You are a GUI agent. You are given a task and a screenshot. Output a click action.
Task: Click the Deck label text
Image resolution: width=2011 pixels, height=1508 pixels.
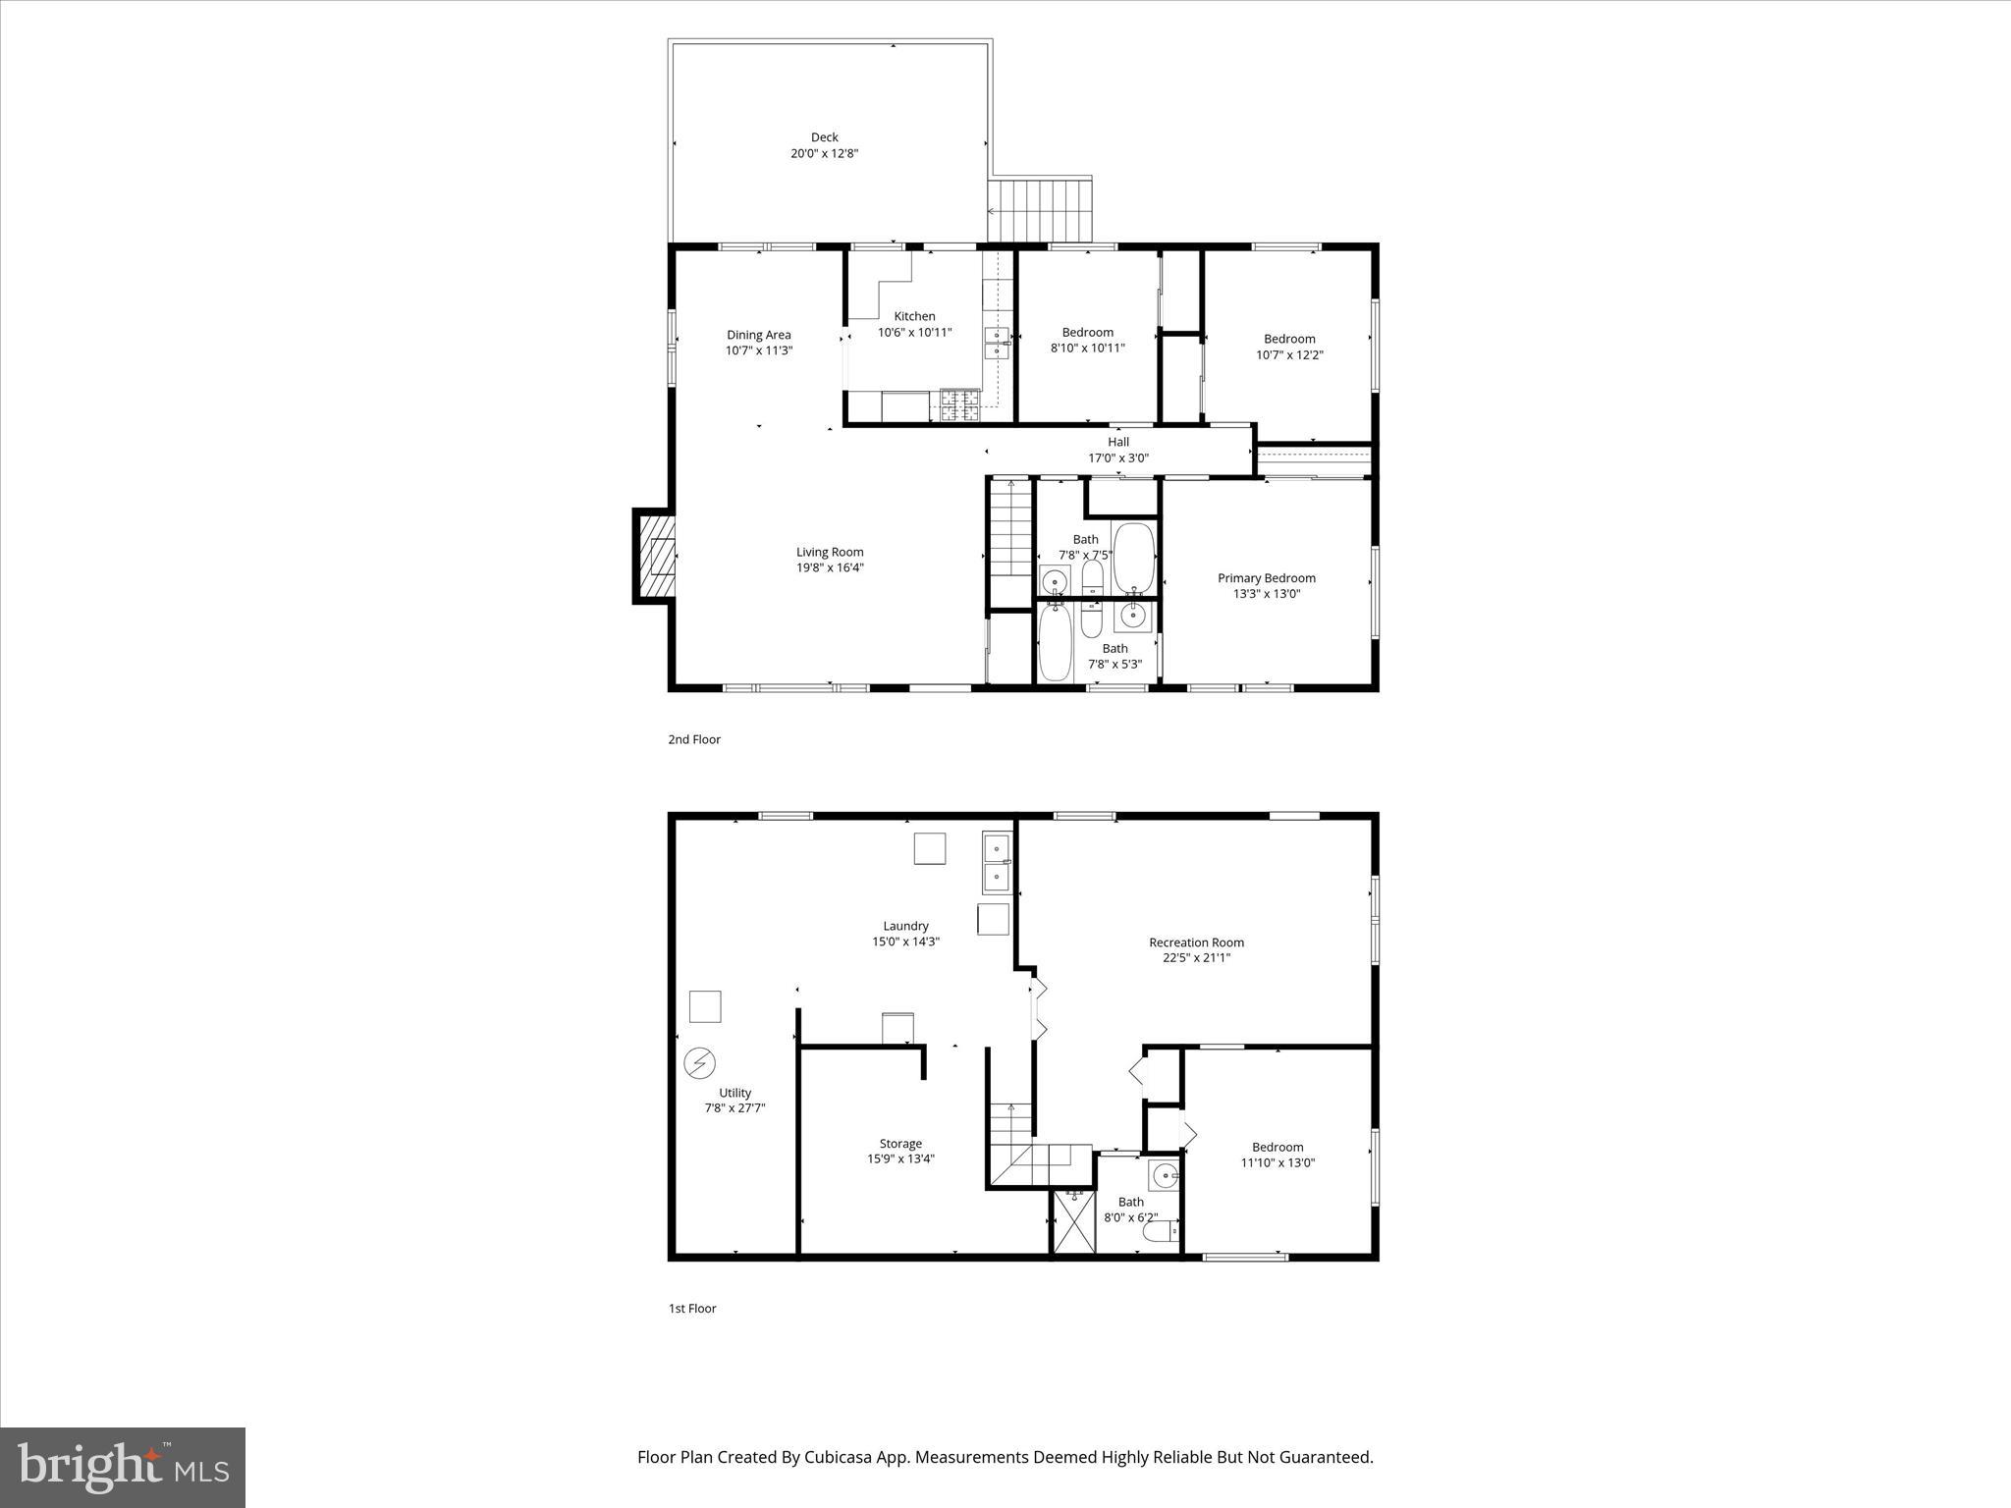click(824, 137)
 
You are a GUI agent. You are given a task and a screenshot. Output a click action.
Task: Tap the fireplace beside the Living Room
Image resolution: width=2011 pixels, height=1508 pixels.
click(657, 557)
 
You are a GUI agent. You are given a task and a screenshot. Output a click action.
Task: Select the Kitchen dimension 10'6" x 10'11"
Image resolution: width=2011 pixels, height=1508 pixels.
click(914, 332)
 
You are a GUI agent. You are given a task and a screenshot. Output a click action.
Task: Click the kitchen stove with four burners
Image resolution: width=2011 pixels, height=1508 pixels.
click(960, 404)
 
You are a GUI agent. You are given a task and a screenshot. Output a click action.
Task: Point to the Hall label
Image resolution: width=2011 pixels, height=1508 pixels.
click(1118, 442)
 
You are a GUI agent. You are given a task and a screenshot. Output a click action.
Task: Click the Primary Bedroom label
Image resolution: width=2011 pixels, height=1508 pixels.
click(1266, 578)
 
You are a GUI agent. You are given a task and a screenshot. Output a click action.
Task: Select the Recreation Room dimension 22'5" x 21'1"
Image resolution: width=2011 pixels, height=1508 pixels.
click(1196, 957)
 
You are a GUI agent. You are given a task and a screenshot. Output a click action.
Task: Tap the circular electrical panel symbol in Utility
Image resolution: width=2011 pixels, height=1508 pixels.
click(700, 1062)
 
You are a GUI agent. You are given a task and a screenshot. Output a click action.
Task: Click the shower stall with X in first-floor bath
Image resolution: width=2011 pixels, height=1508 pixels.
click(1073, 1220)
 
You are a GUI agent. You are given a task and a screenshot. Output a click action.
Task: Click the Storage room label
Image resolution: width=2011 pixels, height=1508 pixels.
click(900, 1143)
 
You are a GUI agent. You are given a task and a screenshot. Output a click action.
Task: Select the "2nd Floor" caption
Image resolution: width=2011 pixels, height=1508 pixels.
click(694, 739)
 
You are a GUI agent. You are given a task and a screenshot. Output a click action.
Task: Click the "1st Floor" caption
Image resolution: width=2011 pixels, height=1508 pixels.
click(692, 1308)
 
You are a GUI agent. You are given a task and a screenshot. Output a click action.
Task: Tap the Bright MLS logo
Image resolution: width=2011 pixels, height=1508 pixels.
click(123, 1467)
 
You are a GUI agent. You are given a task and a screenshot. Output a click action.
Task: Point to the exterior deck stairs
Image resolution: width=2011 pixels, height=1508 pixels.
click(1041, 210)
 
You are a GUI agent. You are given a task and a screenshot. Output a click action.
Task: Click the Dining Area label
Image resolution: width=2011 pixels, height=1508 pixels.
click(758, 335)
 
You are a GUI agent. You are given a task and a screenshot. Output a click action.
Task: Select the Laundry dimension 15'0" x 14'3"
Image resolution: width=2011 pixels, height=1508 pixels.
click(905, 942)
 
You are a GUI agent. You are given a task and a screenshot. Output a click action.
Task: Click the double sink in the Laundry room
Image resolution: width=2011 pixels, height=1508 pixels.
click(997, 862)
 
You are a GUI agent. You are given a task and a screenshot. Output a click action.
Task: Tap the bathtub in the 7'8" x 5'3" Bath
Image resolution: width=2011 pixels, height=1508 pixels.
click(1055, 642)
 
